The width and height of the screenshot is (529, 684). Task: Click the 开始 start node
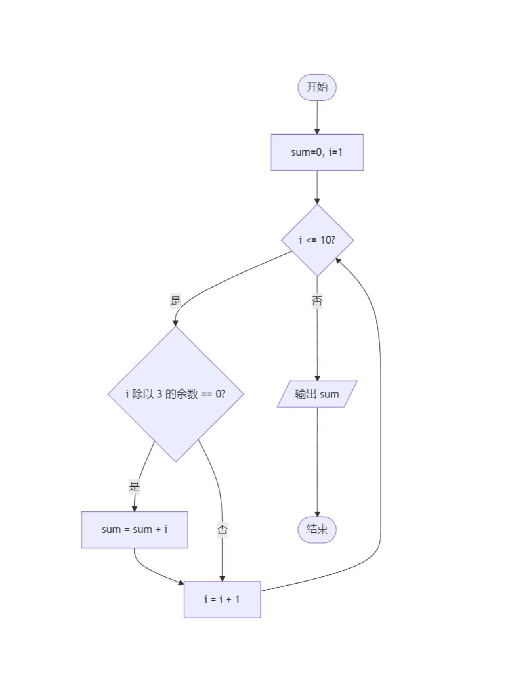click(x=317, y=87)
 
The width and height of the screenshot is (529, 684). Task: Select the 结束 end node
click(x=317, y=530)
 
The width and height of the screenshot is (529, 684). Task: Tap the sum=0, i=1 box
click(x=317, y=153)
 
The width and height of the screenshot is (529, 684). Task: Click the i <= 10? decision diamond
click(x=317, y=240)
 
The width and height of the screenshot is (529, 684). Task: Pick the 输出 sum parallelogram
click(x=317, y=394)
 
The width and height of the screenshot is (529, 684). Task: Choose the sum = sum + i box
click(x=134, y=530)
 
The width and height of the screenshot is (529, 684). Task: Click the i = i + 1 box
click(x=222, y=600)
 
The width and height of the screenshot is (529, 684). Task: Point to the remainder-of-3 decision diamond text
click(x=176, y=394)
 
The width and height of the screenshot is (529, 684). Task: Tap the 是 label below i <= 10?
click(x=176, y=300)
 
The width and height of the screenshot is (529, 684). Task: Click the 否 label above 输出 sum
click(x=317, y=301)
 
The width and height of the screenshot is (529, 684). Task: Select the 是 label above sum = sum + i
click(x=134, y=486)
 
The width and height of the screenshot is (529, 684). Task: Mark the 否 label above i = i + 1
click(x=222, y=529)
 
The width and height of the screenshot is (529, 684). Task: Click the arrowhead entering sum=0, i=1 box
click(x=317, y=131)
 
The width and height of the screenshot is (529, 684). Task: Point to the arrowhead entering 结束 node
click(x=317, y=514)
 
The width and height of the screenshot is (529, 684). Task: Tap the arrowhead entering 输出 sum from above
click(x=317, y=378)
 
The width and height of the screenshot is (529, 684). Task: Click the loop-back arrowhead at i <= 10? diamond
click(x=338, y=261)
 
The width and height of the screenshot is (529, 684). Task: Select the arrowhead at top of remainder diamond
click(x=176, y=323)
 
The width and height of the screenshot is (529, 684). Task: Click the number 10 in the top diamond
click(x=325, y=240)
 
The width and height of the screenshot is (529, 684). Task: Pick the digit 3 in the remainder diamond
click(x=159, y=394)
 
